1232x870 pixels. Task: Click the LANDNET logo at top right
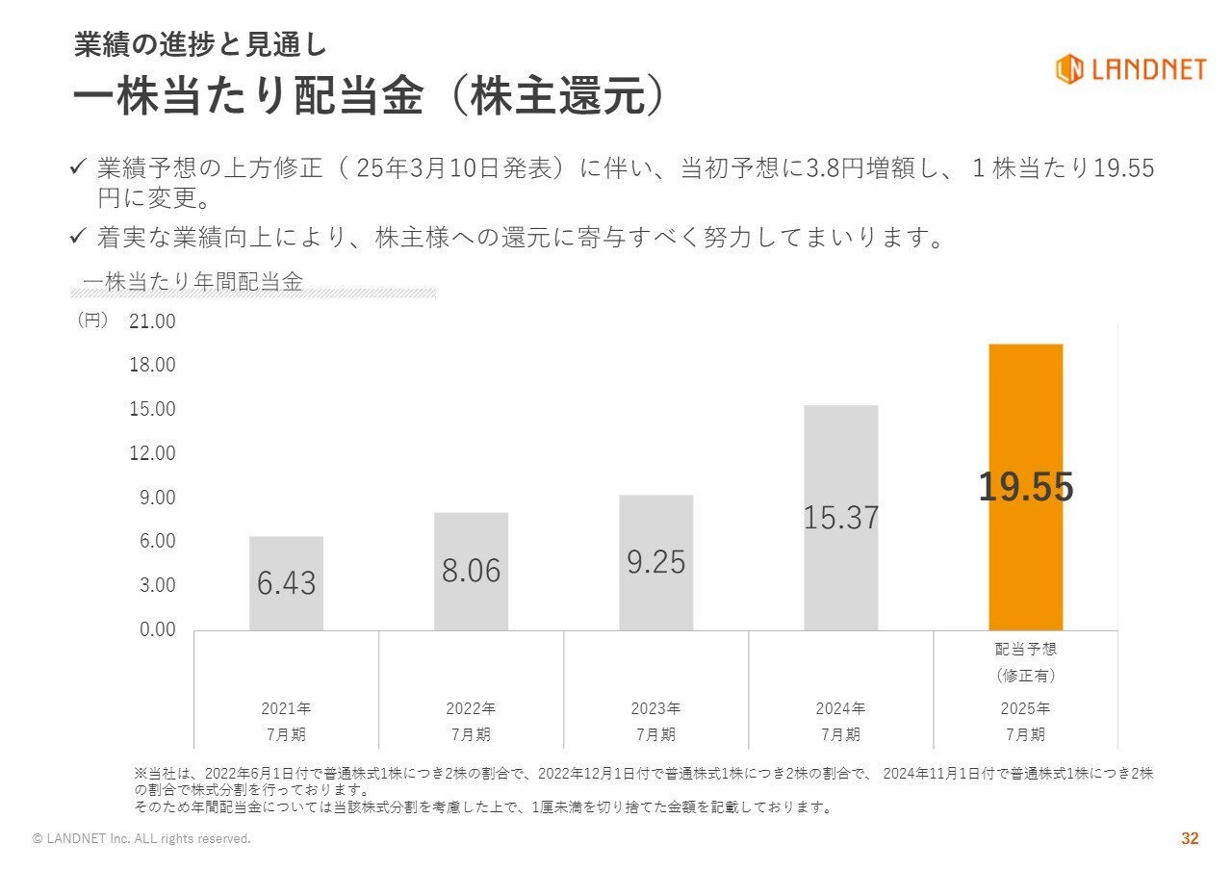(x=1130, y=69)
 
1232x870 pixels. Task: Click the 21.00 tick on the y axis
(x=152, y=321)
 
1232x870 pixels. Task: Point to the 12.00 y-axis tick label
(x=152, y=453)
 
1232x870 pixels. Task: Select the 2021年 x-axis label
(x=286, y=708)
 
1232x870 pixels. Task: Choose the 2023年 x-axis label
(x=655, y=708)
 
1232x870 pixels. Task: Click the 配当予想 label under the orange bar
(x=1025, y=649)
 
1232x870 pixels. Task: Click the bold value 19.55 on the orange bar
(x=1025, y=488)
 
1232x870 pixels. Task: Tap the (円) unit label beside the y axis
(x=92, y=320)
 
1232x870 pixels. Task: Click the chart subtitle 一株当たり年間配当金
(x=192, y=282)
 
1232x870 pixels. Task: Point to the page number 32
(x=1190, y=839)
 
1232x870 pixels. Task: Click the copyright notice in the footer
(x=141, y=839)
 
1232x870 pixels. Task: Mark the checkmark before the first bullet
(x=79, y=168)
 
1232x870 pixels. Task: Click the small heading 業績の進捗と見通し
(x=200, y=44)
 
